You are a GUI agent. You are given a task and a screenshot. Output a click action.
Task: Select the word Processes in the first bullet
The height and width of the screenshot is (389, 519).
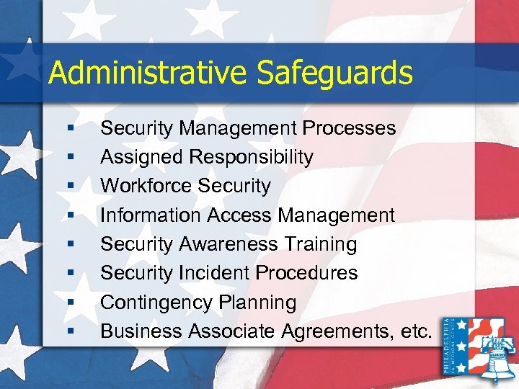[349, 128]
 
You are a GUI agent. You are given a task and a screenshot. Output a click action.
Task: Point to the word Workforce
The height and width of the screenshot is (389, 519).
[143, 186]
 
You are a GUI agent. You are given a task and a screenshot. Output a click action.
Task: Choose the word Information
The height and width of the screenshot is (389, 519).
[151, 215]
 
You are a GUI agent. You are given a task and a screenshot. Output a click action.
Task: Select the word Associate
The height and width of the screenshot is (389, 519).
[231, 331]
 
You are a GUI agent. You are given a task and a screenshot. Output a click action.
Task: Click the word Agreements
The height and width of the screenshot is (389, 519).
[338, 331]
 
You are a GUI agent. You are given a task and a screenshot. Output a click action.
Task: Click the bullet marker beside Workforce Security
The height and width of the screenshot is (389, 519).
[71, 187]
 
